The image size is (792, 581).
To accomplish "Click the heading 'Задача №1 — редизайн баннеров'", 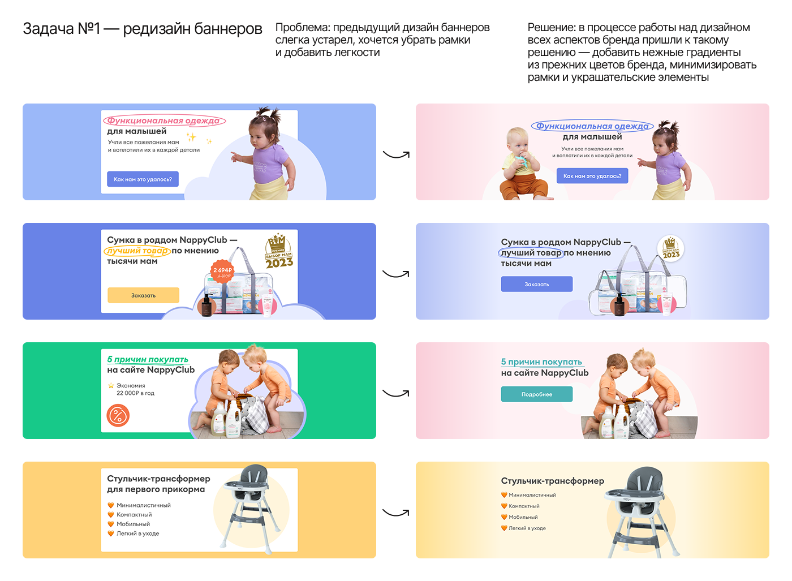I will tap(143, 29).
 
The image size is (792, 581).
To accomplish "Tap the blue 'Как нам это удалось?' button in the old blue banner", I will tap(143, 179).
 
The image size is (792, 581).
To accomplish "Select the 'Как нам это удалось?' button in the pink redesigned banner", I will tap(592, 176).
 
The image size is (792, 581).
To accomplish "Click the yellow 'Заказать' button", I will tap(143, 295).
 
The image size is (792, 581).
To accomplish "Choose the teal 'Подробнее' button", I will tap(536, 394).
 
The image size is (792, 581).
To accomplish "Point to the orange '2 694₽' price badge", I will tap(222, 272).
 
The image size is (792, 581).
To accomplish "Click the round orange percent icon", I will tap(118, 416).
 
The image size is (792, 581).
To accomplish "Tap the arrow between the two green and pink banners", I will tap(396, 393).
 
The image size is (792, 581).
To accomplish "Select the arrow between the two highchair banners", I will tap(396, 513).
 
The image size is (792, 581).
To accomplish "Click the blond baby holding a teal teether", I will tap(522, 167).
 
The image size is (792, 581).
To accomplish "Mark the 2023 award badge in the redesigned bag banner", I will tap(671, 248).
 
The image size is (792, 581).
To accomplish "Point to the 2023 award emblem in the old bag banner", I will tap(279, 253).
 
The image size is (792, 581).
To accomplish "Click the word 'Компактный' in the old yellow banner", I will tap(134, 515).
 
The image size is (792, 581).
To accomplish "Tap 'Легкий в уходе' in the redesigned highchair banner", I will tap(527, 528).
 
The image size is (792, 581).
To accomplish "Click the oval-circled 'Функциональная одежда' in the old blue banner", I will tap(164, 120).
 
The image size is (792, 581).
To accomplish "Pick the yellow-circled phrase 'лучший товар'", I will tap(137, 251).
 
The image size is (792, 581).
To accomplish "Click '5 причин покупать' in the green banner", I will tap(147, 360).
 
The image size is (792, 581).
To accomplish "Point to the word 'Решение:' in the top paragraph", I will tap(551, 28).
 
